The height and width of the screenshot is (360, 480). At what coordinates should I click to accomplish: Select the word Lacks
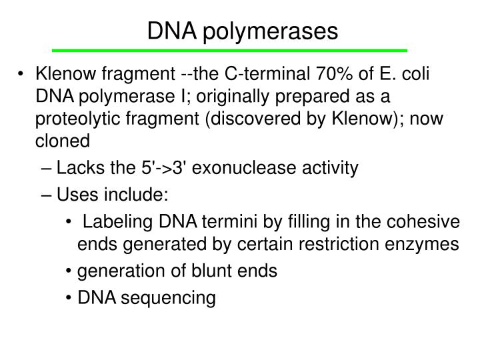point(75,168)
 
